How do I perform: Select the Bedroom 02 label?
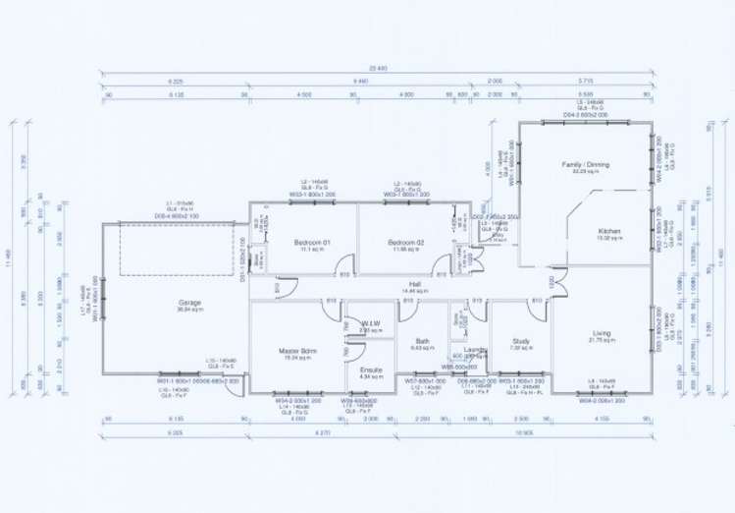pos(403,242)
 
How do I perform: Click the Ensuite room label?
pos(371,369)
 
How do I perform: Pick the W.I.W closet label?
pos(370,323)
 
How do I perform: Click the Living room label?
pos(602,333)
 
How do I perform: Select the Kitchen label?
pos(610,231)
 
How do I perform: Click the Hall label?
pos(415,284)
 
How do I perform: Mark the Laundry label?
pos(476,349)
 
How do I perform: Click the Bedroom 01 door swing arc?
pos(344,263)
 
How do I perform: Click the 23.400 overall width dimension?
pos(374,69)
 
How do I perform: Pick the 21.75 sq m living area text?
pos(601,340)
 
